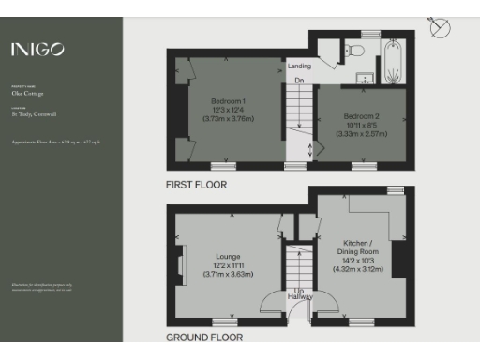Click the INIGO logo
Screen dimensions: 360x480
pyautogui.click(x=37, y=50)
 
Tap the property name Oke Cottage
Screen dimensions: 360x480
pyautogui.click(x=25, y=95)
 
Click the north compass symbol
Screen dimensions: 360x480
pyautogui.click(x=439, y=27)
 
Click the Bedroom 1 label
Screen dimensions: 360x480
pyautogui.click(x=230, y=100)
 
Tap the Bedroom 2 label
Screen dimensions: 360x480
pyautogui.click(x=361, y=115)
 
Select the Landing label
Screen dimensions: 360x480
pyautogui.click(x=299, y=67)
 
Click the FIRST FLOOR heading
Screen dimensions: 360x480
pyautogui.click(x=196, y=185)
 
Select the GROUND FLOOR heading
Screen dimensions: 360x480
pyautogui.click(x=204, y=337)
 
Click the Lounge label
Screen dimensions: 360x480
pyautogui.click(x=227, y=256)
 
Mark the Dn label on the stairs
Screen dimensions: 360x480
pyautogui.click(x=299, y=81)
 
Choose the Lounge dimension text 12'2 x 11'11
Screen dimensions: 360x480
pyautogui.click(x=227, y=266)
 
